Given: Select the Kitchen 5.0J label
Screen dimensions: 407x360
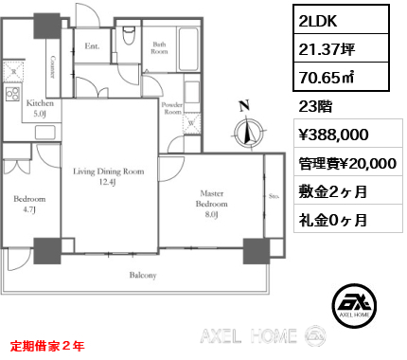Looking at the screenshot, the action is (40, 108).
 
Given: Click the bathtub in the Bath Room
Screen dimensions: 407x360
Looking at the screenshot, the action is (188, 49).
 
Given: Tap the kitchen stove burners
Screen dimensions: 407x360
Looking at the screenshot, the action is (12, 94).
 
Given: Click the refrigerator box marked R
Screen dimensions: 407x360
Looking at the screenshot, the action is (13, 71).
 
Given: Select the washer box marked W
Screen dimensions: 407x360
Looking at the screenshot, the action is (192, 123).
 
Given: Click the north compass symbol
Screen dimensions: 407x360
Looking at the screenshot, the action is (249, 132).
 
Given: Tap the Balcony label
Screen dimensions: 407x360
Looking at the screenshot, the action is (143, 275).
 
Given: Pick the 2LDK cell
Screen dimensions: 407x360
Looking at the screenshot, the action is (341, 19).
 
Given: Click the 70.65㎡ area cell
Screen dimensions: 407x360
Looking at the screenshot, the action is (341, 77).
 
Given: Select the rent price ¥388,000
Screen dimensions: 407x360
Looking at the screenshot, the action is (333, 135).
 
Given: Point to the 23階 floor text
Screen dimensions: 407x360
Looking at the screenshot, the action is (315, 106).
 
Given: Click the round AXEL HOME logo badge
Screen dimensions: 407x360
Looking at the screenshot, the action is (354, 305).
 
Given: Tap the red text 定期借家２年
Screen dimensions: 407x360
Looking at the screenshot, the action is (47, 347).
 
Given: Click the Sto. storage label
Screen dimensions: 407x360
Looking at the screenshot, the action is (274, 196).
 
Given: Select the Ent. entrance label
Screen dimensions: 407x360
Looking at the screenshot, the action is (92, 46).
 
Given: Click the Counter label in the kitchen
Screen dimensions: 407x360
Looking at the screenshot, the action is (53, 67).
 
